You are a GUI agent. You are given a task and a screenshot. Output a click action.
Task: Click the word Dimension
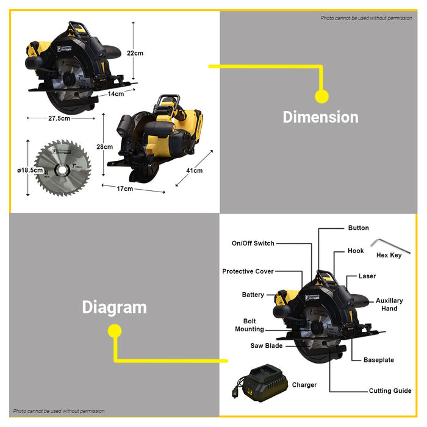tap(320, 117)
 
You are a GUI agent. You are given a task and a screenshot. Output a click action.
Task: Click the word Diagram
tap(115, 307)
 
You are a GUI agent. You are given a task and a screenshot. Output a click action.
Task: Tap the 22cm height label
tap(135, 53)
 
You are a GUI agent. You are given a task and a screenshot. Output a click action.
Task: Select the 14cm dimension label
tap(116, 94)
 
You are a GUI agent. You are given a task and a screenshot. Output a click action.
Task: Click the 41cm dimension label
tap(194, 171)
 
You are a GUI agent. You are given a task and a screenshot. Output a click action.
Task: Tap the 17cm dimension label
tap(124, 189)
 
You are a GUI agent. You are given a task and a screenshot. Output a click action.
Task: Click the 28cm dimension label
tap(105, 146)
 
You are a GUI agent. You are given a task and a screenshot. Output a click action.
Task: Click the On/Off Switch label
tap(253, 243)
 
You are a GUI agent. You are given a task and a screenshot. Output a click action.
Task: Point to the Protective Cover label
tap(248, 271)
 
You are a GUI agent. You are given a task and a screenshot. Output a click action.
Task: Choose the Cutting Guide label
tap(390, 391)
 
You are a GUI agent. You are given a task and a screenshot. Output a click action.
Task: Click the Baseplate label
tap(379, 360)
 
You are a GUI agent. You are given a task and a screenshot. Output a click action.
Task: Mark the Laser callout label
tap(367, 276)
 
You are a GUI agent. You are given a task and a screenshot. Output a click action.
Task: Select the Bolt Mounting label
tap(249, 325)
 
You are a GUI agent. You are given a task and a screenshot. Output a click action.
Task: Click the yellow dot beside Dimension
tap(321, 96)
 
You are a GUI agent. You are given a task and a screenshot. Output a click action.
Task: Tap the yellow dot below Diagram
tap(115, 331)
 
